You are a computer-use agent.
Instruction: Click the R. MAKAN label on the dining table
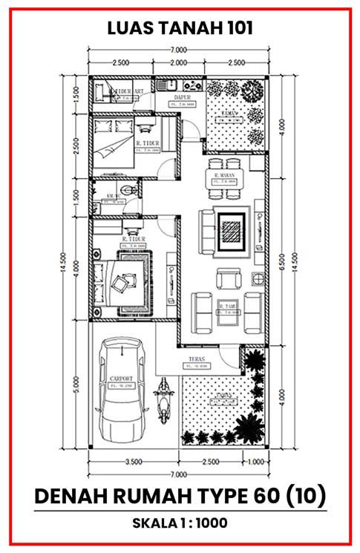click(224, 176)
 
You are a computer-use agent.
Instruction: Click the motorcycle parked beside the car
click(163, 401)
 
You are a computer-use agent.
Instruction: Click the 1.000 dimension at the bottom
click(255, 462)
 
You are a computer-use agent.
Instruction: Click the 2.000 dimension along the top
click(177, 62)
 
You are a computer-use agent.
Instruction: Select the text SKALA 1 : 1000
click(180, 523)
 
